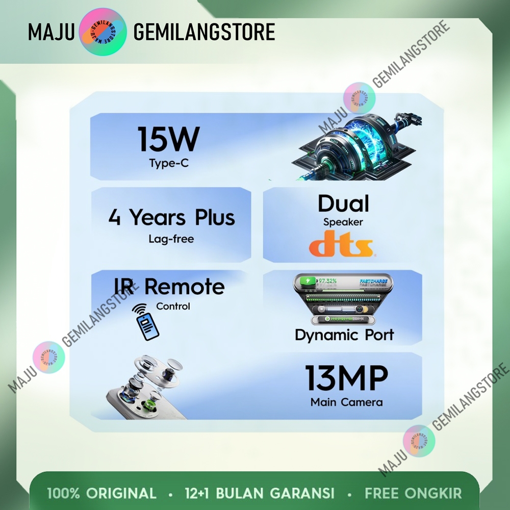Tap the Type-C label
(169, 163)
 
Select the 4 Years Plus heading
(171, 217)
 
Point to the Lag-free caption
(171, 239)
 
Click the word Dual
(343, 203)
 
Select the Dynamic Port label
(344, 335)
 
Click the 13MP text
(347, 378)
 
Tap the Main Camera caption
(346, 402)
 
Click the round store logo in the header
(104, 32)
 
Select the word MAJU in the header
(52, 32)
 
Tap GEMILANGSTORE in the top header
(204, 32)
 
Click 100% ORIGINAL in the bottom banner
(102, 493)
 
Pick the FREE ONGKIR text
(413, 493)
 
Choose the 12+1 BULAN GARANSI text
(260, 493)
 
